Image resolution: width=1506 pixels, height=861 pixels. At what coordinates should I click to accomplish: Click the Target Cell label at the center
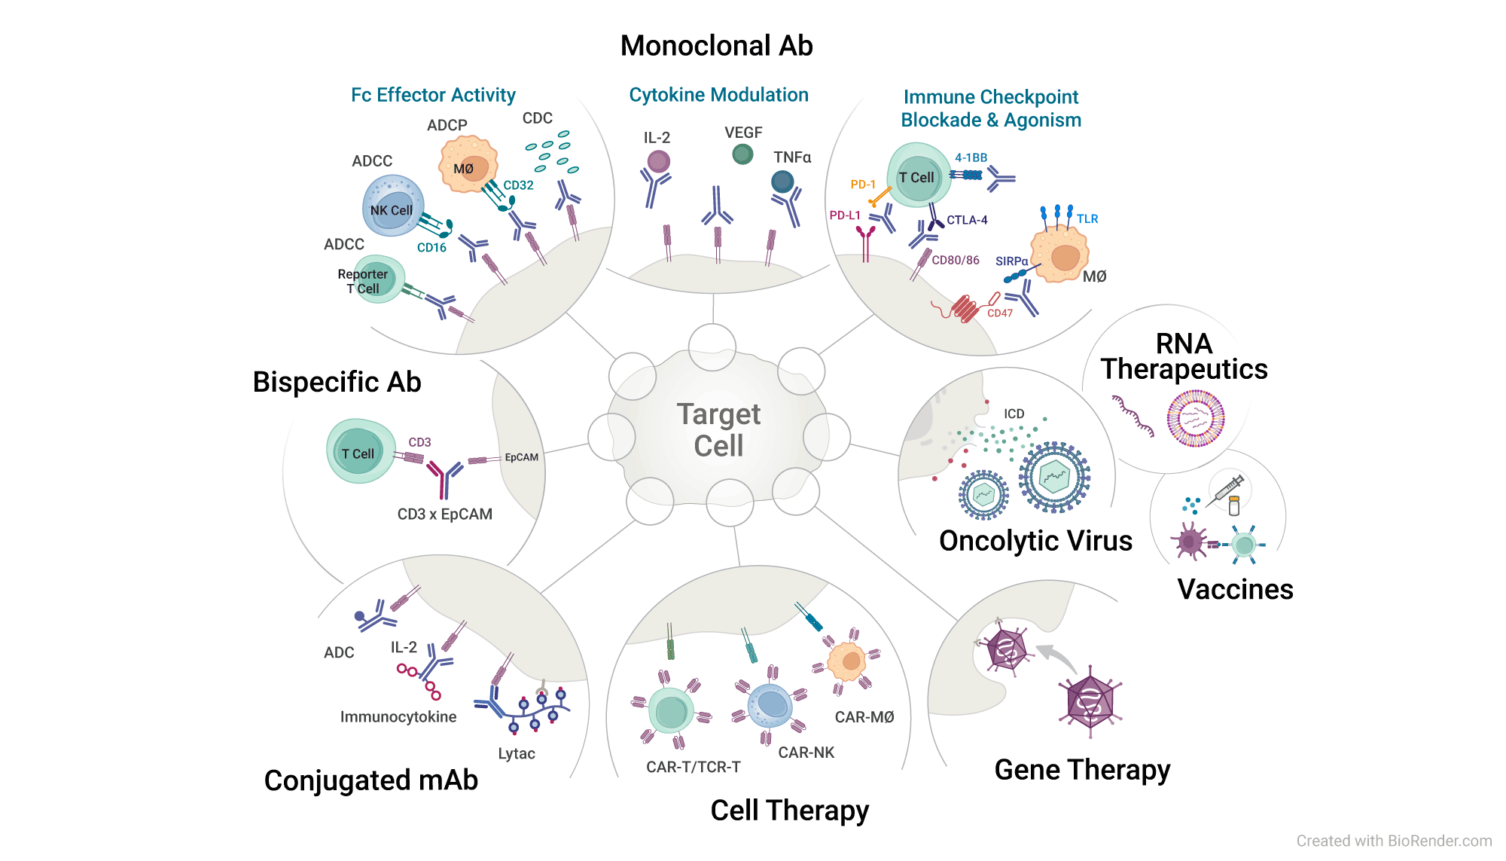click(718, 430)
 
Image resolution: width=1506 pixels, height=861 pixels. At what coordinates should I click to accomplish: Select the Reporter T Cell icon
click(376, 280)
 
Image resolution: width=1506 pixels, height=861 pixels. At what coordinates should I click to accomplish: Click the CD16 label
click(431, 248)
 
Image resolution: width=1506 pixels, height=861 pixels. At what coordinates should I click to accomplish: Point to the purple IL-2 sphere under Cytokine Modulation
click(658, 161)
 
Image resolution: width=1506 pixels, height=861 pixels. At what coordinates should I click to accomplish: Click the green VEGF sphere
click(742, 154)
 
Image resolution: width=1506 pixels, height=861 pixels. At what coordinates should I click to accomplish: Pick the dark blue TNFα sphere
click(782, 182)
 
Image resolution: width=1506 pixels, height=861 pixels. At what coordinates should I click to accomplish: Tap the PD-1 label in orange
click(862, 185)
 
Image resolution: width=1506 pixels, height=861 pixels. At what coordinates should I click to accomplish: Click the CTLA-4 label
click(967, 220)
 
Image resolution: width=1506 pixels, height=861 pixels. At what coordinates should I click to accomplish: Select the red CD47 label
click(999, 313)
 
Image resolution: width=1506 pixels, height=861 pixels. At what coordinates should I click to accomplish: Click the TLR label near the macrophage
click(1087, 219)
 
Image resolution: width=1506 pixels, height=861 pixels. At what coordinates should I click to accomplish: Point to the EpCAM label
click(521, 457)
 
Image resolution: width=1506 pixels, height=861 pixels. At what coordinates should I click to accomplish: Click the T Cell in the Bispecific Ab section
click(359, 452)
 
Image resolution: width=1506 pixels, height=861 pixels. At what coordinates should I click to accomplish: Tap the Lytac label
click(517, 754)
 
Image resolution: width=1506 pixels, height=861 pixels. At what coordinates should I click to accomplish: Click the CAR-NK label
click(806, 753)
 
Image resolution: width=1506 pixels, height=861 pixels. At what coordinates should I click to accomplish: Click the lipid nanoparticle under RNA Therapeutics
click(1195, 418)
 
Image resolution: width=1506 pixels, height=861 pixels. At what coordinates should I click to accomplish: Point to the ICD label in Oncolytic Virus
click(1014, 414)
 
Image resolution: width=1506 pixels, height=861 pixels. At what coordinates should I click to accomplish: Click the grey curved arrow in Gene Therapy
click(1058, 657)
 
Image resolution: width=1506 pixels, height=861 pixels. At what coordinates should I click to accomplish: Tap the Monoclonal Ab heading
click(716, 46)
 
